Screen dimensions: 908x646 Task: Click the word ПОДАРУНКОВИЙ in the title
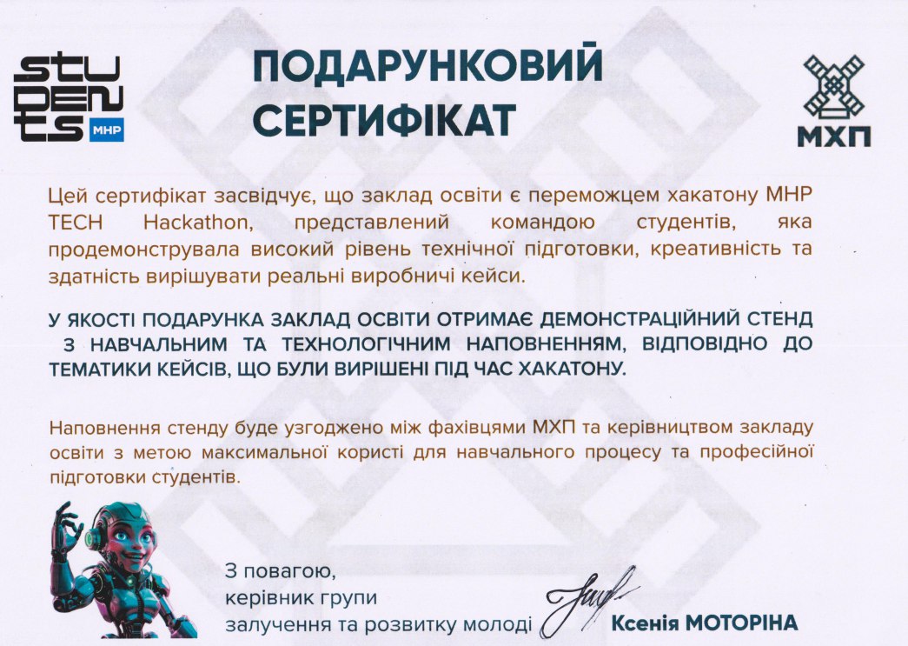pyautogui.click(x=428, y=65)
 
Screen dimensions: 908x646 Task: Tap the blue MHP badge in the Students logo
pyautogui.click(x=107, y=130)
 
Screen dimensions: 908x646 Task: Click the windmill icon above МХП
pyautogui.click(x=834, y=86)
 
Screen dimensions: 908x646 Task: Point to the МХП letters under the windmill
pyautogui.click(x=834, y=137)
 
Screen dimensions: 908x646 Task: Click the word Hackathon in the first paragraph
pyautogui.click(x=198, y=223)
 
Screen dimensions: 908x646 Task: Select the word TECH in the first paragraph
pyautogui.click(x=76, y=223)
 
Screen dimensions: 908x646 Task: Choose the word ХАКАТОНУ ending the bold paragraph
pyautogui.click(x=572, y=369)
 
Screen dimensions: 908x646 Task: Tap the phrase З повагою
pyautogui.click(x=281, y=572)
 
